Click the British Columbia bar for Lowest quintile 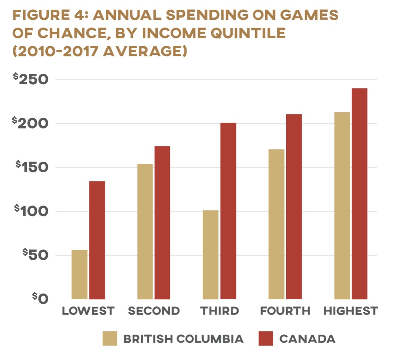pos(79,274)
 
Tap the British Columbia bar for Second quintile pos(145,231)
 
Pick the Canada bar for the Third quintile pos(228,211)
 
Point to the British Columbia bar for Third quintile pos(210,255)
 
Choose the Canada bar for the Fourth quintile pos(294,207)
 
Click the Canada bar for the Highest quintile pos(360,194)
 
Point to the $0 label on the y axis pos(41,298)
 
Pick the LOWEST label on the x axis pos(88,311)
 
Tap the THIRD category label pos(219,311)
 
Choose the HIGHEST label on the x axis pos(351,311)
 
